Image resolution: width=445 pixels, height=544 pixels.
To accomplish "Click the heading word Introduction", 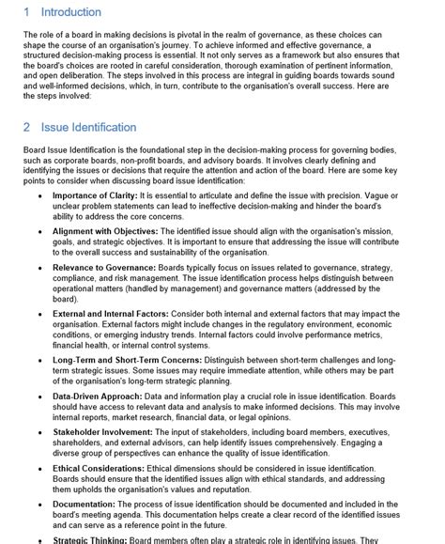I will click(71, 12).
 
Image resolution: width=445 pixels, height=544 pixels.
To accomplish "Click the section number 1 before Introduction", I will click(27, 12).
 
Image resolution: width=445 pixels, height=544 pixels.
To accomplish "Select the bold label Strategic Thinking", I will click(96, 538).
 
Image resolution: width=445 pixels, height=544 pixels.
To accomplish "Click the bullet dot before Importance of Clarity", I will click(39, 195).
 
